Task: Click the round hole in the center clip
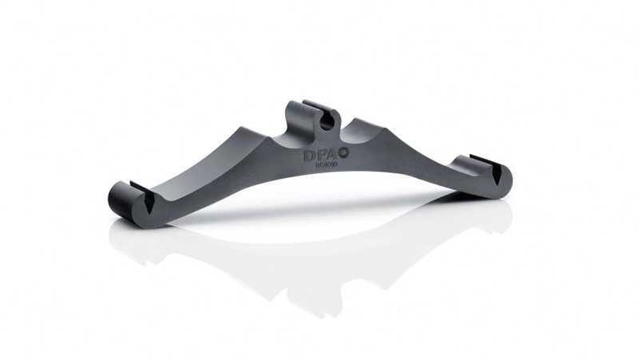(325, 122)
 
